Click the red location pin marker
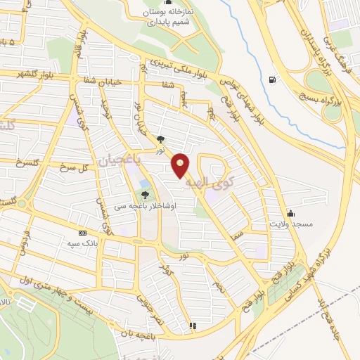point(181,165)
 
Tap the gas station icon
point(272,79)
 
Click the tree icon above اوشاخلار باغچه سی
point(146,193)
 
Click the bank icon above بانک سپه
point(83,233)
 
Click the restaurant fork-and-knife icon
point(193,326)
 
